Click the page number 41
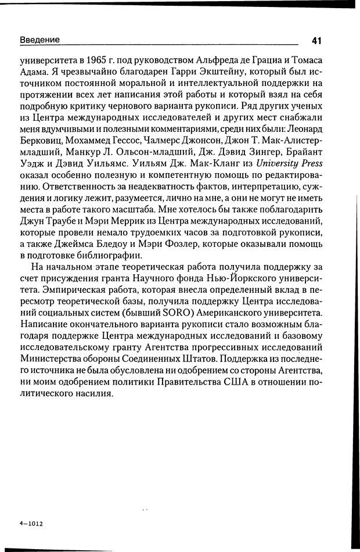pyautogui.click(x=316, y=40)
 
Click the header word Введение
pyautogui.click(x=39, y=40)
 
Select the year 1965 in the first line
pyautogui.click(x=107, y=59)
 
